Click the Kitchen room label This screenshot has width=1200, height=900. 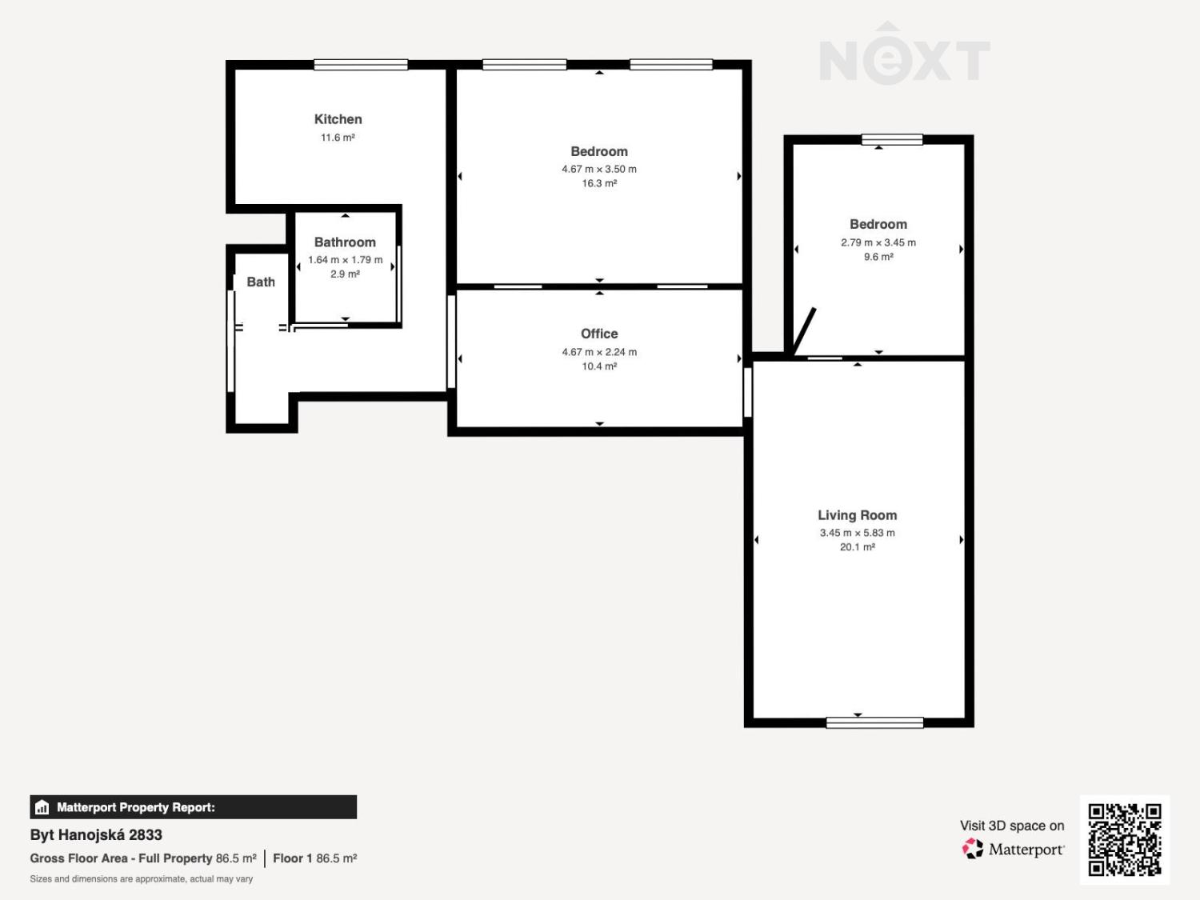338,119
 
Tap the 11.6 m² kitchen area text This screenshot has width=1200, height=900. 338,138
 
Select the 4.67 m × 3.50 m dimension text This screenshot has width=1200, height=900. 599,170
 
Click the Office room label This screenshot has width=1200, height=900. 599,334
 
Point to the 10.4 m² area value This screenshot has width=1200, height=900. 599,366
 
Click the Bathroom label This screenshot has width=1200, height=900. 345,242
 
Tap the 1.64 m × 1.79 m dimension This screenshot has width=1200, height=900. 345,260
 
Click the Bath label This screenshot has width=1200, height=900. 261,282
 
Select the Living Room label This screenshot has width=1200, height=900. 858,514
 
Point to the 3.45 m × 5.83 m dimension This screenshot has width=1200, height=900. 858,533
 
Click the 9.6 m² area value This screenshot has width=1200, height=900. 878,257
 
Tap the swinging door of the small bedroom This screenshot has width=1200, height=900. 804,331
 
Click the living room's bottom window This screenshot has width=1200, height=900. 874,723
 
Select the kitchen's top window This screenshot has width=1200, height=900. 361,65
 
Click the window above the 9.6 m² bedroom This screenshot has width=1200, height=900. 892,140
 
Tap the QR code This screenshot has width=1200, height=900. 1125,839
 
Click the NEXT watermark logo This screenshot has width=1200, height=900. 905,54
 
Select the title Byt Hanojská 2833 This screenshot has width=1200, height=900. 96,835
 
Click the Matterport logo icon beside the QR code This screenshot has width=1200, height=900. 973,849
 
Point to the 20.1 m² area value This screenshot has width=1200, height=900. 858,547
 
